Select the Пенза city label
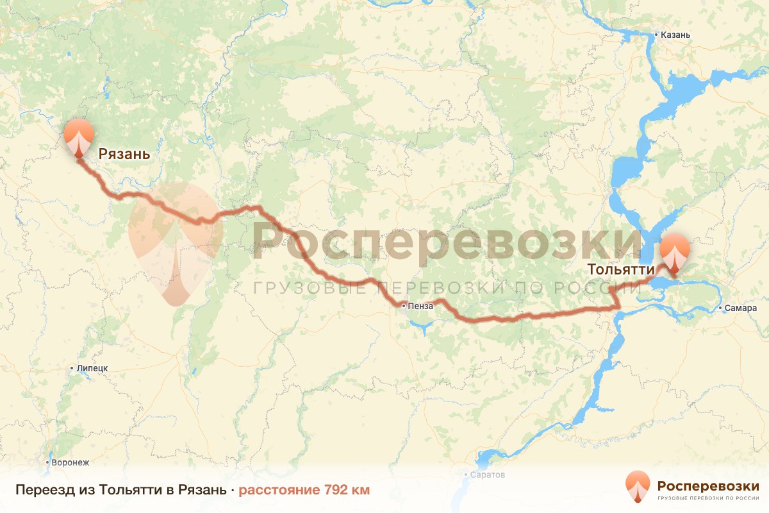click(x=420, y=307)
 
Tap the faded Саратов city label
click(x=487, y=475)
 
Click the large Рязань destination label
click(x=124, y=154)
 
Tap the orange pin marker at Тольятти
click(x=675, y=254)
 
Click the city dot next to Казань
click(x=656, y=35)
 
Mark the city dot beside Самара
click(x=721, y=308)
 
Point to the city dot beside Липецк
click(x=72, y=368)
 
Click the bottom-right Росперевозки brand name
click(x=708, y=485)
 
